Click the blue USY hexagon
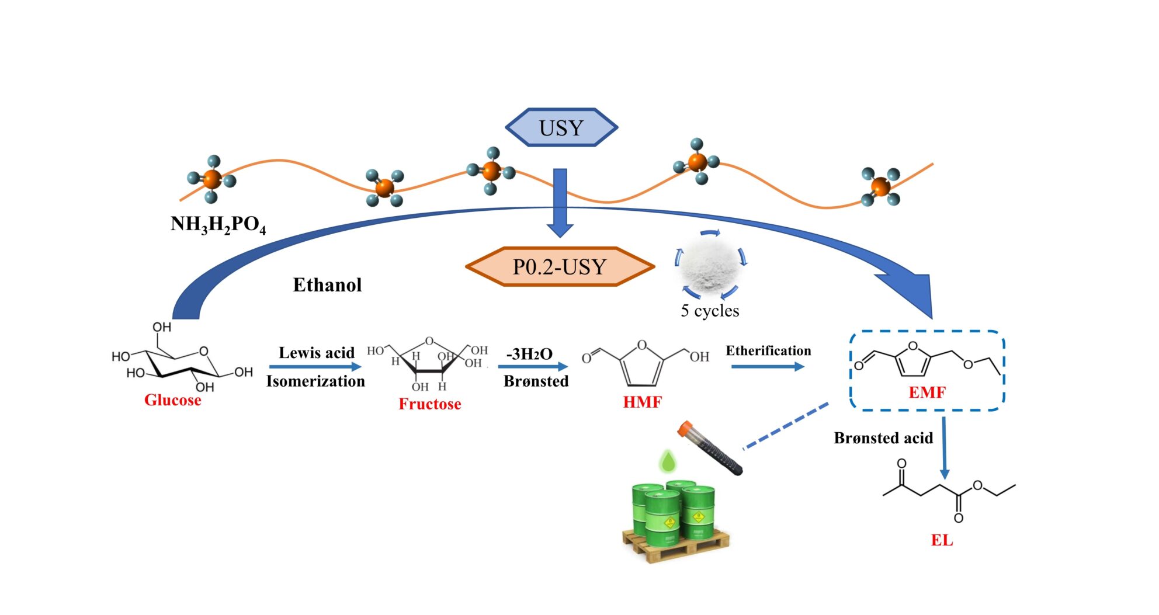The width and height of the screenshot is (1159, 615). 561,127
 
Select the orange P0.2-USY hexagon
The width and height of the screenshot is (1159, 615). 560,267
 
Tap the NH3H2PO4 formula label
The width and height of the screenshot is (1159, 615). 218,224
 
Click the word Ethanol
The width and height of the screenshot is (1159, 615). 327,285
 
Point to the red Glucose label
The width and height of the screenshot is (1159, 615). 172,400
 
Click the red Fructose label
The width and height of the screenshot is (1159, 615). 429,404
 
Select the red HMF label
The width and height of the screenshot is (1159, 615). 642,402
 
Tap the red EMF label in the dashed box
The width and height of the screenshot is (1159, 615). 926,392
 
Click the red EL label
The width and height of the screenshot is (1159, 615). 941,540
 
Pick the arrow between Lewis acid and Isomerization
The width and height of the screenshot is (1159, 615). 315,367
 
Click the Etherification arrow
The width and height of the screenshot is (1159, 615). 768,367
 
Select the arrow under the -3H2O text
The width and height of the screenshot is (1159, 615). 533,367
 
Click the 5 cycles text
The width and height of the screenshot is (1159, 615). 710,311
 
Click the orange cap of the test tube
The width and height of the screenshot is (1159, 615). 685,429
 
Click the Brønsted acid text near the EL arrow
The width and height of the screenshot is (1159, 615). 883,438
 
